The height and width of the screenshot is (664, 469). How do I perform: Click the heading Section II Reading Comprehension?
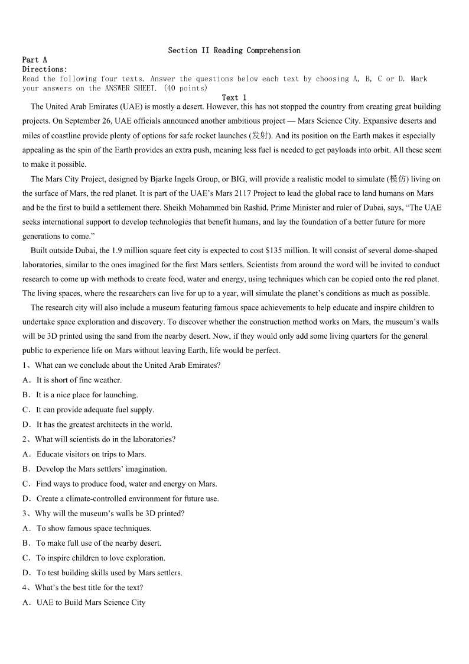tap(234, 51)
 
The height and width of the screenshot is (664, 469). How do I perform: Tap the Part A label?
tap(34, 60)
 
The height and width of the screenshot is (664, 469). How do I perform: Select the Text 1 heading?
tap(234, 98)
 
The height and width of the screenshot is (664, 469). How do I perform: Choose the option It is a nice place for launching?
tap(86, 395)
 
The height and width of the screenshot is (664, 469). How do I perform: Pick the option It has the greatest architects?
tap(104, 425)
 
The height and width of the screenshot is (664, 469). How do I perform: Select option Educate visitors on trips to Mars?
tap(91, 454)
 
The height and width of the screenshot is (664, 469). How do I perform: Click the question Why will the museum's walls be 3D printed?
tap(109, 514)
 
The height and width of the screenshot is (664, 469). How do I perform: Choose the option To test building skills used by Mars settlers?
tap(109, 573)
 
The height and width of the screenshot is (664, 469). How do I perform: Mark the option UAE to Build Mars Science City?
tap(90, 603)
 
